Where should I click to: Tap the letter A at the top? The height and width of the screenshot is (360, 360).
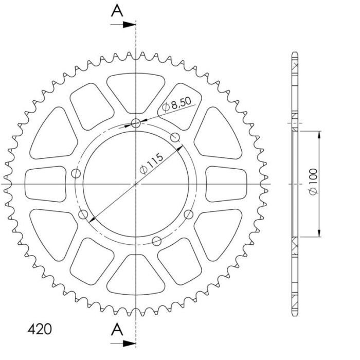pyautogui.click(x=118, y=10)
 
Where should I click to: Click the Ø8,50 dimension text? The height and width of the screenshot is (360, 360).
pyautogui.click(x=176, y=105)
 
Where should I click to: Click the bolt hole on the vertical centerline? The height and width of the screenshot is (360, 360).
pyautogui.click(x=136, y=123)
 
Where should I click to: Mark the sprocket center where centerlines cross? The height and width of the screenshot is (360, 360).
pyautogui.click(x=136, y=183)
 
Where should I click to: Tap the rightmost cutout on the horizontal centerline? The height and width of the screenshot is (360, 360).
pyautogui.click(x=226, y=183)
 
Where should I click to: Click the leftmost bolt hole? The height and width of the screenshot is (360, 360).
pyautogui.click(x=77, y=173)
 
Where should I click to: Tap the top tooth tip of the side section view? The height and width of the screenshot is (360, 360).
pyautogui.click(x=295, y=53)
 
